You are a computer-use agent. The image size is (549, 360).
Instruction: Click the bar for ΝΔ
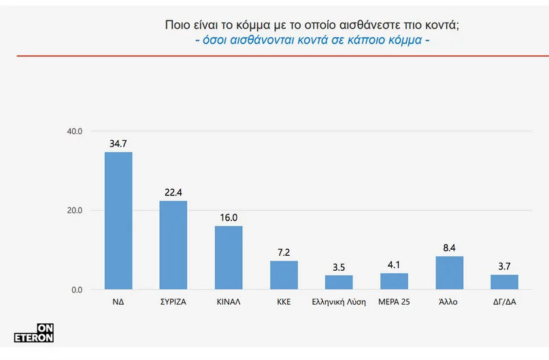coord(118,220)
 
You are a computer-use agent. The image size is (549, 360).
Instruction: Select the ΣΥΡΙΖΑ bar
coord(173,245)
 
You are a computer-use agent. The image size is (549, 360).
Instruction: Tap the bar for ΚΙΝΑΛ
coord(229,257)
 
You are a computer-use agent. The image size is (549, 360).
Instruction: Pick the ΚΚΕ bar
coord(284,275)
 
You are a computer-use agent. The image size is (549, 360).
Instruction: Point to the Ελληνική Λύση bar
coord(339,282)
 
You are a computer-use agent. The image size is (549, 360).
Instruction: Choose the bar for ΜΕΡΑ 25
coord(394,281)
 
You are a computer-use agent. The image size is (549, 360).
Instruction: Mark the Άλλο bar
coord(449,273)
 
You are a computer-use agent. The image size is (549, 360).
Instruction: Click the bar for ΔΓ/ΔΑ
coord(504,282)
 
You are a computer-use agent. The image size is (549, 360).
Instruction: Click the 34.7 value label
coord(118,144)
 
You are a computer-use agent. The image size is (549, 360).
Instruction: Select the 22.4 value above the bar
coord(173,193)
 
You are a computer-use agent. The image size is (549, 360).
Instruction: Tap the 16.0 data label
coord(229,218)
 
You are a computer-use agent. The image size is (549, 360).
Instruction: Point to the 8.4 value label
coord(449,248)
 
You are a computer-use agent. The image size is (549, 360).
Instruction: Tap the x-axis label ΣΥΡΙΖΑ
coord(173,301)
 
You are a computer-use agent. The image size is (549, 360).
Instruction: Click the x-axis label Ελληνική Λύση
coord(339,301)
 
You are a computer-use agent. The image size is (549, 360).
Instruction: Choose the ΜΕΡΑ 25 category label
coord(394,301)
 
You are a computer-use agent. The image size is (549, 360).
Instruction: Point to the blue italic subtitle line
coord(312,40)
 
